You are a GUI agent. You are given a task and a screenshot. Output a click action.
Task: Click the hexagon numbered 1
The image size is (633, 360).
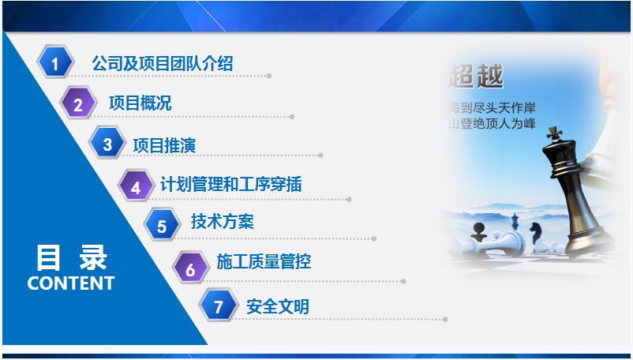[x=55, y=62]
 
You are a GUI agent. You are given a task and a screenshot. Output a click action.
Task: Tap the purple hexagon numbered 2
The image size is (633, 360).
[x=79, y=103]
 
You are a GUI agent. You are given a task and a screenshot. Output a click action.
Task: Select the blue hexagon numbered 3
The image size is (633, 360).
[x=107, y=142]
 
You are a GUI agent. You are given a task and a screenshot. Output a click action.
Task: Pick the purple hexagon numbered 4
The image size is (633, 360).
[x=136, y=186]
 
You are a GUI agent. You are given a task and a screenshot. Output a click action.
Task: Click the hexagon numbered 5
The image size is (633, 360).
[x=163, y=224]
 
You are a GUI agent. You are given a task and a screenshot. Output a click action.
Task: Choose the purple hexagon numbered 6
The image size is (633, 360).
[x=190, y=267]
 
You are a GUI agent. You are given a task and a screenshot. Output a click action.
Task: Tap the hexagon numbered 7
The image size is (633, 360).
[x=218, y=305]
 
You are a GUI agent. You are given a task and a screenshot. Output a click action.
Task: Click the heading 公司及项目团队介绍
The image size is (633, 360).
[x=163, y=63]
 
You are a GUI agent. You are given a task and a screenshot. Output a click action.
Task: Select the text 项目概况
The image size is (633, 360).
[x=140, y=103]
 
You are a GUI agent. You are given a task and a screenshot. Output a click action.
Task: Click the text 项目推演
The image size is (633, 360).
[x=164, y=145]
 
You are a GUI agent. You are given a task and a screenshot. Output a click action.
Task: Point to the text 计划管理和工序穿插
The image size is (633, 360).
[x=231, y=184]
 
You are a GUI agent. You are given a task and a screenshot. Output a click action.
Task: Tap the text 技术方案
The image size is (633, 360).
[x=223, y=221]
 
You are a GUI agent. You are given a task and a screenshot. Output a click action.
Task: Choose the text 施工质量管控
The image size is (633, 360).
[x=264, y=261]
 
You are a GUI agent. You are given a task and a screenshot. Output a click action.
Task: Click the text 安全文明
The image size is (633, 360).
[x=278, y=307]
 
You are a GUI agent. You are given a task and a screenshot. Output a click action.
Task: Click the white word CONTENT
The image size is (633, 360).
[x=71, y=283]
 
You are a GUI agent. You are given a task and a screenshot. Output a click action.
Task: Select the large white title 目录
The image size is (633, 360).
[x=72, y=257]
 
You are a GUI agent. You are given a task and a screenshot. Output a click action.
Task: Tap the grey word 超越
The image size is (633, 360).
[x=476, y=76]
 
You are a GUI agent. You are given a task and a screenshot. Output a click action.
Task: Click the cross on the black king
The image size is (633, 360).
[x=554, y=133]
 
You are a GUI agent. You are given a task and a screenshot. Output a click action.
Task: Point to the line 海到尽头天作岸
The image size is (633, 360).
[x=492, y=107]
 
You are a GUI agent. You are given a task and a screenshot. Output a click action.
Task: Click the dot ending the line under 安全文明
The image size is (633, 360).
[x=445, y=319]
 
